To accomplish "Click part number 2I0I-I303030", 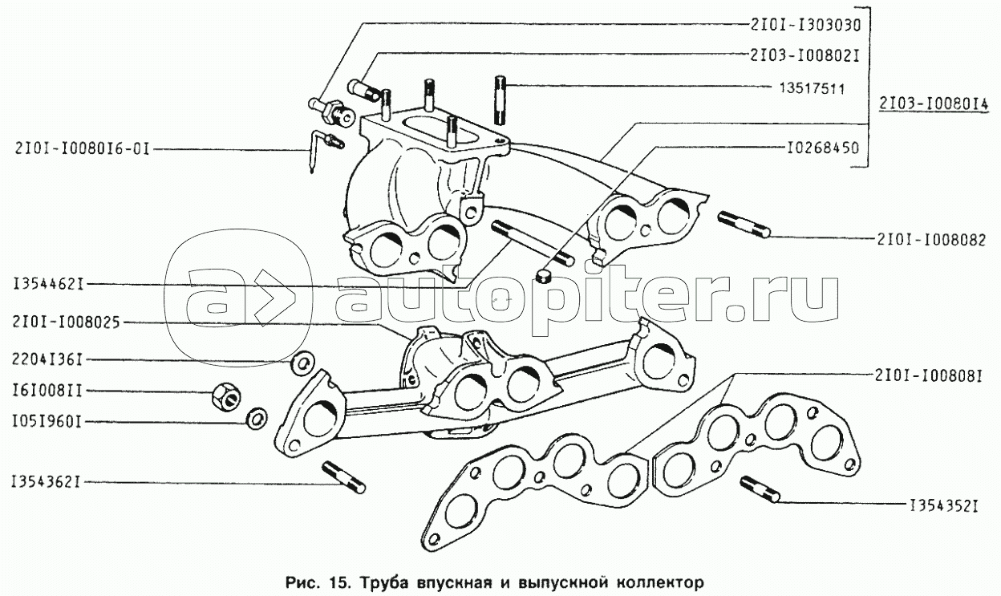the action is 805,26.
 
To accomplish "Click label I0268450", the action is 823,148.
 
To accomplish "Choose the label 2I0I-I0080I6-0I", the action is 82,148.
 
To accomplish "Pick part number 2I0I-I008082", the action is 932,240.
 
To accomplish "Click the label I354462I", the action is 49,284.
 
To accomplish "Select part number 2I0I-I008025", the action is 67,322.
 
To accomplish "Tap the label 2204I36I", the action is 47,359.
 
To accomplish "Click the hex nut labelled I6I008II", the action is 225,396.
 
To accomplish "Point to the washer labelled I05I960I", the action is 257,419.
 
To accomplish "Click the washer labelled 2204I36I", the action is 302,363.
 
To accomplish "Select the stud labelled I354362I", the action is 343,477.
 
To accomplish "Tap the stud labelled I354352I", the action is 760,489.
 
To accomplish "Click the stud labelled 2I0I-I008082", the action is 744,225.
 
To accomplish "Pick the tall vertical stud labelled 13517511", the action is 500,100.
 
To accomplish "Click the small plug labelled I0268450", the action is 542,276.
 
